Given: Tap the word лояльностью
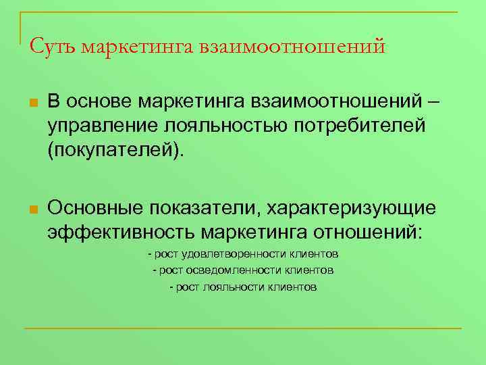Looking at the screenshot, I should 211,126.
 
